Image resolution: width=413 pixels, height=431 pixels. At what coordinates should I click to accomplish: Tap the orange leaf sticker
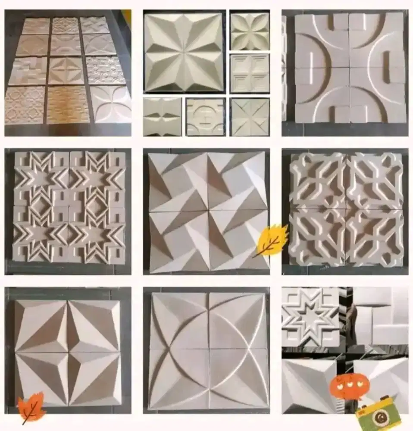click(x=31, y=406)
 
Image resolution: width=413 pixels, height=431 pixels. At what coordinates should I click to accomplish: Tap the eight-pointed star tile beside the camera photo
click(x=310, y=317)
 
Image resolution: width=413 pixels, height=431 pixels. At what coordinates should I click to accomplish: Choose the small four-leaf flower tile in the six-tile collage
click(x=250, y=31)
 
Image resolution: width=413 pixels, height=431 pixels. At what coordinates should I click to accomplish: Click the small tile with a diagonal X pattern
click(x=250, y=117)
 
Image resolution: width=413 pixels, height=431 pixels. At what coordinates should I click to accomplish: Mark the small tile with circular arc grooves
click(x=206, y=117)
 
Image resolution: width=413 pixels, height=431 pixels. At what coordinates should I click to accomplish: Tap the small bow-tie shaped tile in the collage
click(x=163, y=117)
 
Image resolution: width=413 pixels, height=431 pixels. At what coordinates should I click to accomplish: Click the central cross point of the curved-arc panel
click(x=209, y=350)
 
